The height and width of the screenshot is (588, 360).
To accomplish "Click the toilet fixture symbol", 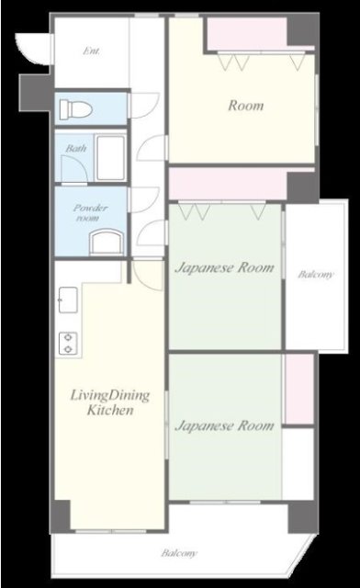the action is (x=76, y=108).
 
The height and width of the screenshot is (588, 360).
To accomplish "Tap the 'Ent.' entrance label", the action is (x=92, y=51).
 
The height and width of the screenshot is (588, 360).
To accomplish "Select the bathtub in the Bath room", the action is (x=110, y=157).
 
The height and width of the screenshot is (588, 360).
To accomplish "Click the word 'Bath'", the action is (x=76, y=149).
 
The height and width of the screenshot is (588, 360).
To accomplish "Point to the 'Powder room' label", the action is (x=90, y=212).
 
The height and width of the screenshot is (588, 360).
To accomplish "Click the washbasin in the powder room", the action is (x=107, y=243).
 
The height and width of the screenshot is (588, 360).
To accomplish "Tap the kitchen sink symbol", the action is (x=68, y=300).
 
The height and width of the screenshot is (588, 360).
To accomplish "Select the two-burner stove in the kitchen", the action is (x=68, y=343).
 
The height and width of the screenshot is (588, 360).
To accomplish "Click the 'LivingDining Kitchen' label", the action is (x=110, y=402).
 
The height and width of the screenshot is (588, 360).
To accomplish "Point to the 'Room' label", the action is (x=246, y=106).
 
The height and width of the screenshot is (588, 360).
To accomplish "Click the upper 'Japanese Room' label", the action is (x=224, y=267).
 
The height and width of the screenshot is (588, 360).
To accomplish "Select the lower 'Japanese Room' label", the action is (x=224, y=425).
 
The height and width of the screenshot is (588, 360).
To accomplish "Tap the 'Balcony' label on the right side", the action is (x=315, y=275).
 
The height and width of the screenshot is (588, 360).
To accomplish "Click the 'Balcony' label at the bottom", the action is (x=179, y=553).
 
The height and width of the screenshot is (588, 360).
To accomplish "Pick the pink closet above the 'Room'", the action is (x=248, y=33).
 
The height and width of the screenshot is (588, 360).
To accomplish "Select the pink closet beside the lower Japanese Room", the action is (x=298, y=389).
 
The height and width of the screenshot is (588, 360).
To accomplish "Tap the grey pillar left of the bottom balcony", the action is (x=61, y=516).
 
